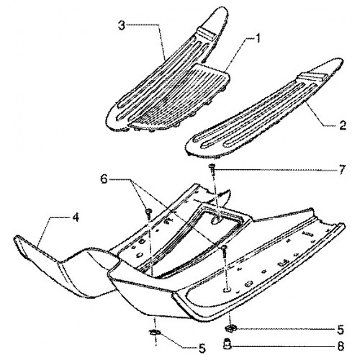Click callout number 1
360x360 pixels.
(257, 39)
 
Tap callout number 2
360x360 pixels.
(343, 125)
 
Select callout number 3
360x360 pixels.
(122, 26)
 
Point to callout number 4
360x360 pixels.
(75, 217)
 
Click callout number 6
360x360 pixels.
(104, 179)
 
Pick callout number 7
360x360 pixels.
(342, 169)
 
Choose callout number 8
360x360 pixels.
(341, 346)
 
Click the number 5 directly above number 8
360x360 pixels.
(341, 330)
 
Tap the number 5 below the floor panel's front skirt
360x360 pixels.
(202, 348)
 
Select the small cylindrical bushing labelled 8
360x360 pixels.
(227, 345)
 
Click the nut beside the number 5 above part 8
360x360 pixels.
(231, 328)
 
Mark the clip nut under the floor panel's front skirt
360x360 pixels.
(155, 333)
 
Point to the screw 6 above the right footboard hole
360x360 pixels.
(224, 253)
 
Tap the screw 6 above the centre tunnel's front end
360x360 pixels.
(149, 213)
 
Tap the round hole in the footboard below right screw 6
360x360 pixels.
(226, 290)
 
